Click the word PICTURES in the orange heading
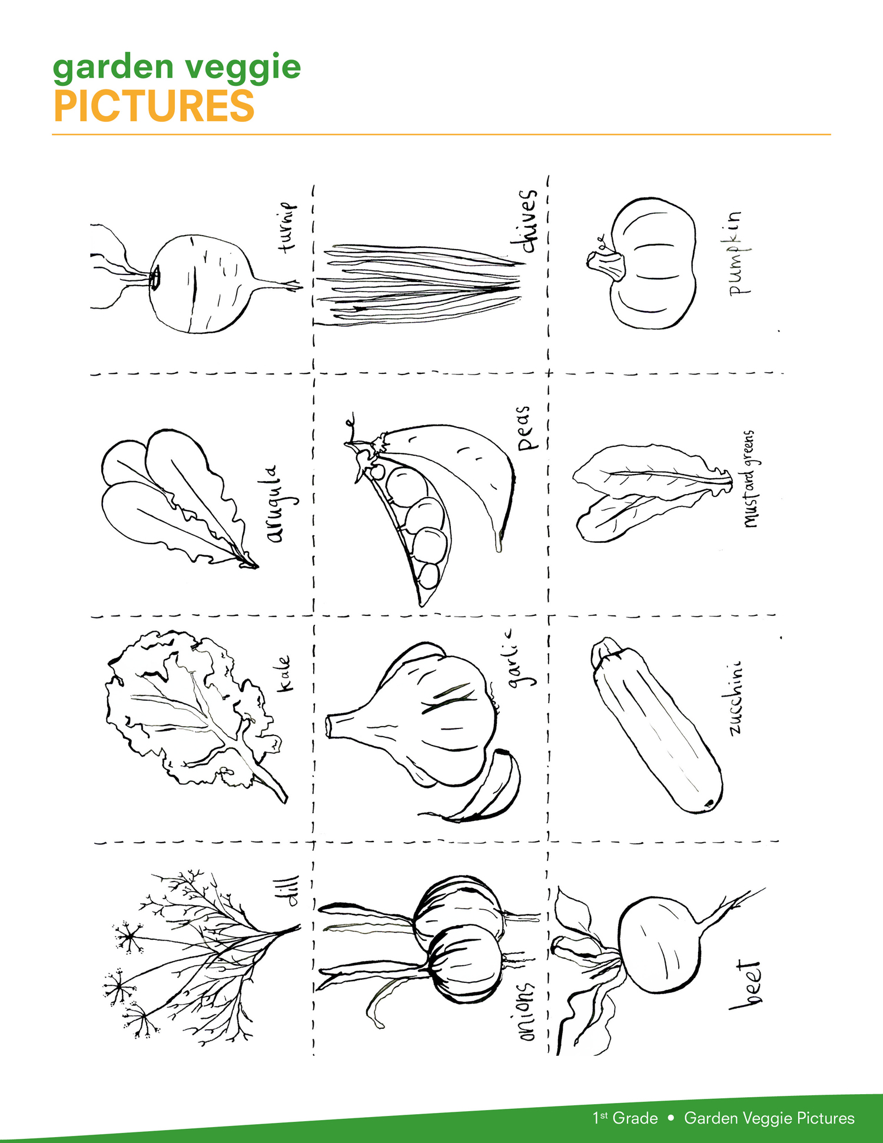pyautogui.click(x=154, y=106)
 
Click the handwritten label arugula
pyautogui.click(x=278, y=504)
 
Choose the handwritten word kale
pyautogui.click(x=284, y=673)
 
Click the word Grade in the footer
pyautogui.click(x=635, y=1118)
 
